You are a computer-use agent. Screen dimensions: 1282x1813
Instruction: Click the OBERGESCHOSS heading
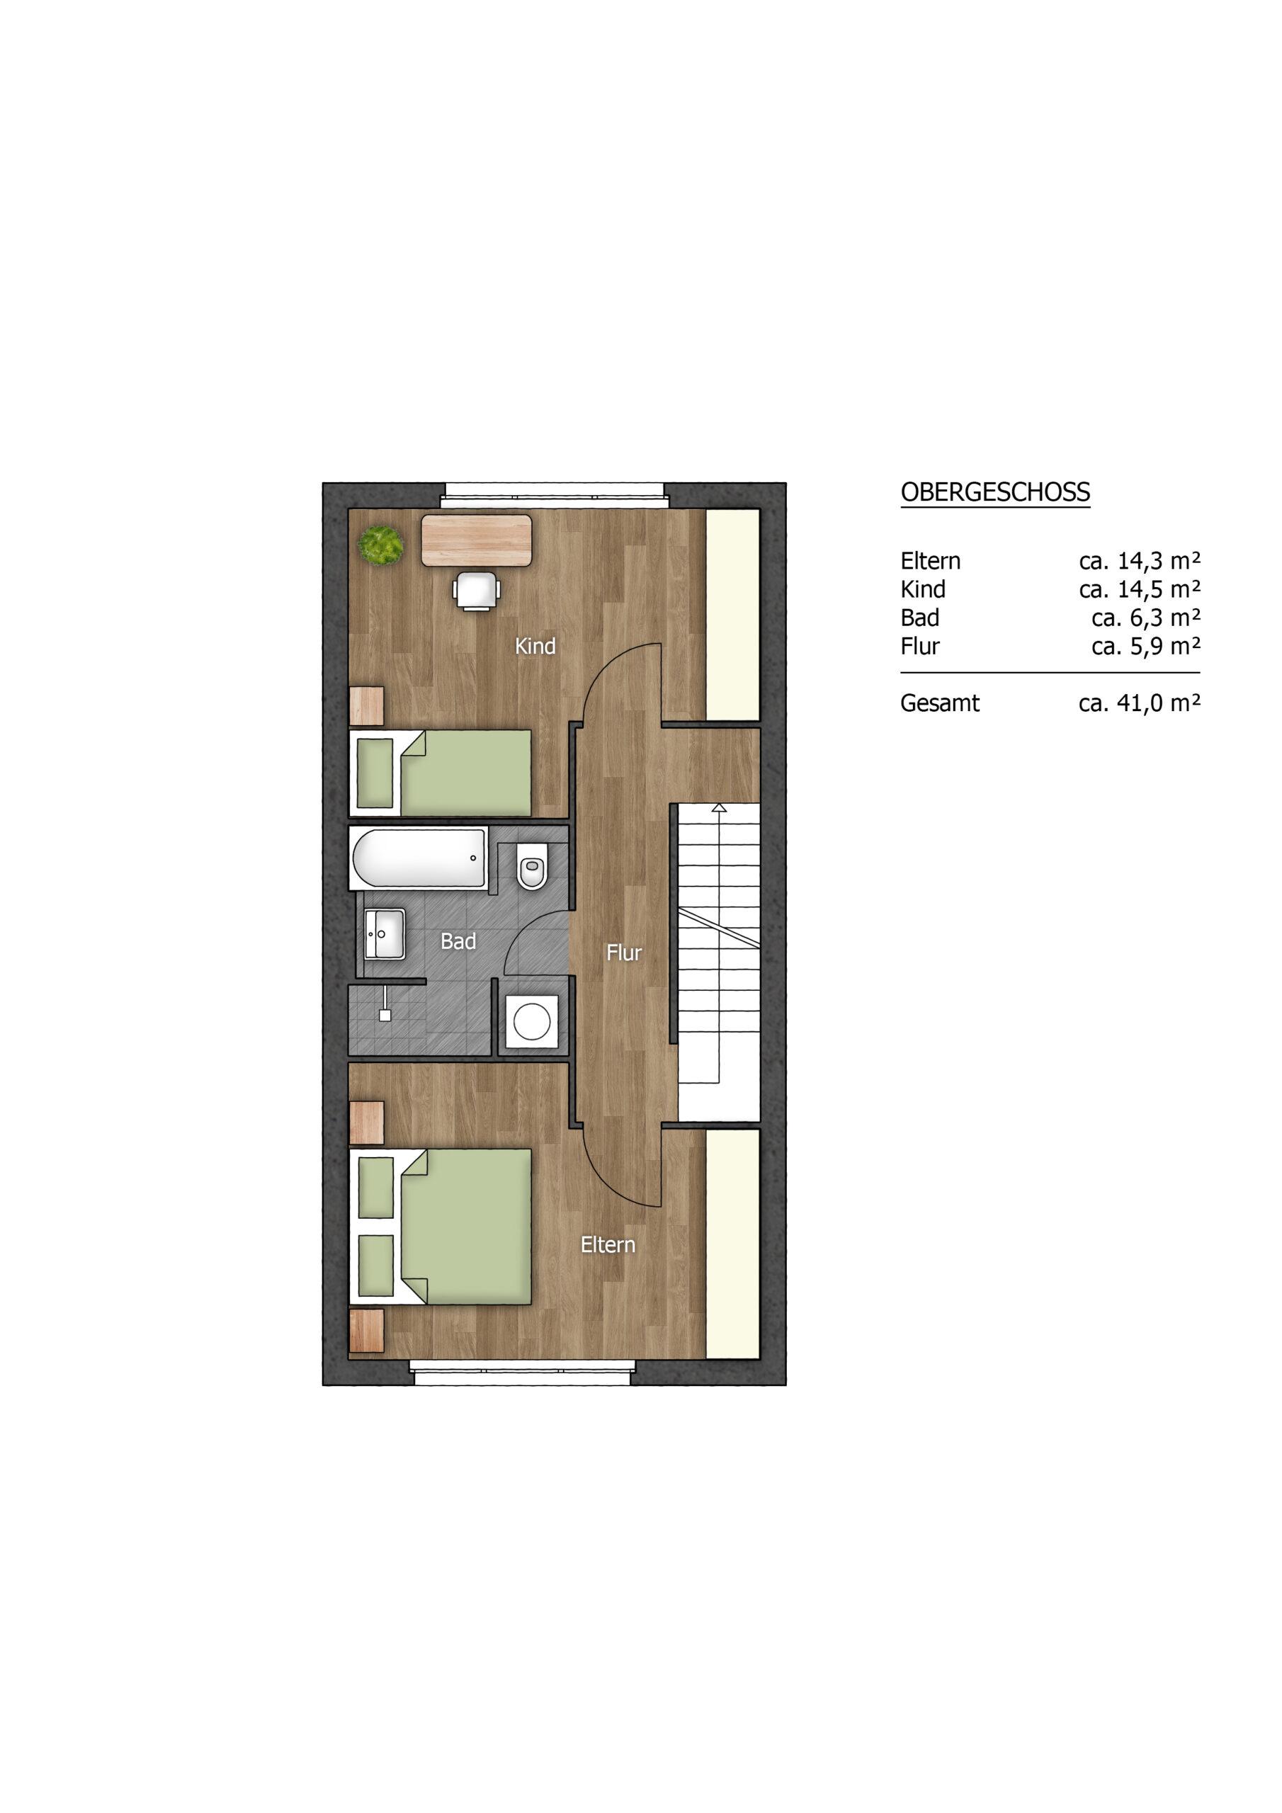[x=995, y=492]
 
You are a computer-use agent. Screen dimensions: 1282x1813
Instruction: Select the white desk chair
[x=476, y=591]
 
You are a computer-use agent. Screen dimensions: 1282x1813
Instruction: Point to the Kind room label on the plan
[x=535, y=646]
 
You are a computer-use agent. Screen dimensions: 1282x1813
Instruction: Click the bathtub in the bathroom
[x=419, y=858]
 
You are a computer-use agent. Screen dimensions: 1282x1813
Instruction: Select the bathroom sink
[x=385, y=933]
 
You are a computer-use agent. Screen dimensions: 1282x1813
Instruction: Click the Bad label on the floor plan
[x=458, y=941]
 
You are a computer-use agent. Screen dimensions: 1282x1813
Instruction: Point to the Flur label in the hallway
[x=623, y=953]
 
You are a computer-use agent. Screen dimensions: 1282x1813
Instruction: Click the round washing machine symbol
[x=532, y=1021]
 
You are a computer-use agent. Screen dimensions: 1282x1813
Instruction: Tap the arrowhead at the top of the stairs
[x=719, y=808]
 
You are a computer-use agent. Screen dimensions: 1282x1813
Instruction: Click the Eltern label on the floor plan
[x=608, y=1244]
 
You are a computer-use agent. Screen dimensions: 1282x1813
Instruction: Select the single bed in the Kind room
[x=440, y=772]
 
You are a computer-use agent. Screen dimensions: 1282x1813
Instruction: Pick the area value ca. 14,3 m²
[x=1139, y=561]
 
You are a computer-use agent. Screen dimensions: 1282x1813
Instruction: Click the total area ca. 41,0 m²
[x=1139, y=703]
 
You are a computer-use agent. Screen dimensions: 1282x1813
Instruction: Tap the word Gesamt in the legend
[x=940, y=703]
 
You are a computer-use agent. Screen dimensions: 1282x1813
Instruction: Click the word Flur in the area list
[x=920, y=646]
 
